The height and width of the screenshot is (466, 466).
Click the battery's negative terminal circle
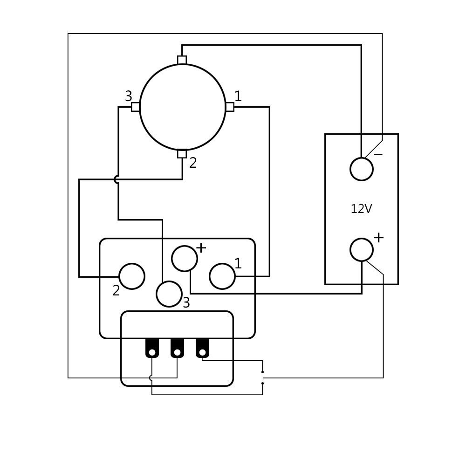pos(361,169)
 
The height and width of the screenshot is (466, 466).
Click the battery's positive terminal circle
pos(361,250)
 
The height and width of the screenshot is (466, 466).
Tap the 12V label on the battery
pos(361,209)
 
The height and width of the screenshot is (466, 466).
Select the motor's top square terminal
pos(182,60)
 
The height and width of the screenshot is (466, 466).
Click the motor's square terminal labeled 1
pos(230,107)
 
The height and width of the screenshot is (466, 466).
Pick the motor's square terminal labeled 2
pos(182,154)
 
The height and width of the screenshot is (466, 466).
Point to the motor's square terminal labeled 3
pos(135,107)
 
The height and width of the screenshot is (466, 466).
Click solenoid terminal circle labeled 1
pos(222,276)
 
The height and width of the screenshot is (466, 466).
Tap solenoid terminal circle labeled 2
pos(132,276)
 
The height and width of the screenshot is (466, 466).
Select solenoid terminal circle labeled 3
pos(169,294)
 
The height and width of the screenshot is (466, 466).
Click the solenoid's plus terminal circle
pos(184,259)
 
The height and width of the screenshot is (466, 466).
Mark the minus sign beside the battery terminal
pos(378,154)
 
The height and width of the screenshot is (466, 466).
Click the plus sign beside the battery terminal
pos(378,238)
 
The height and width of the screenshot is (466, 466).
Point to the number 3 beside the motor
pos(129,96)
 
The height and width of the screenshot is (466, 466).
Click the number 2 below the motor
pos(193,163)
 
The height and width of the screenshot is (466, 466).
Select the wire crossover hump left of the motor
pos(116,179)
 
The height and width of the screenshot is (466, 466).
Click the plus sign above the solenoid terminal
pos(201,248)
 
